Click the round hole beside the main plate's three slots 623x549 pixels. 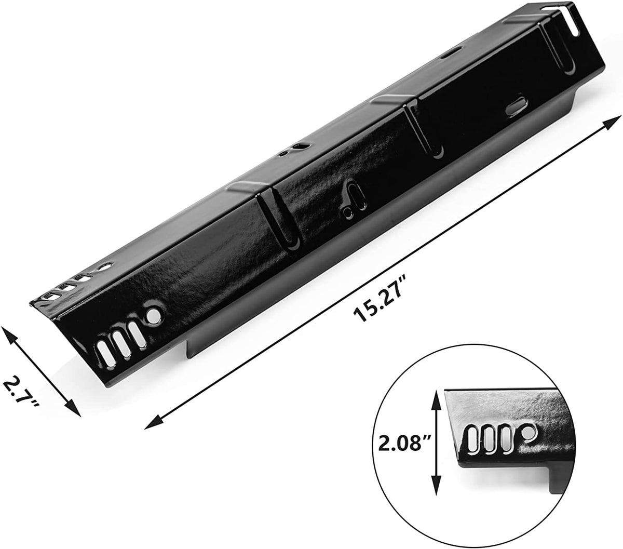[153, 315]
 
